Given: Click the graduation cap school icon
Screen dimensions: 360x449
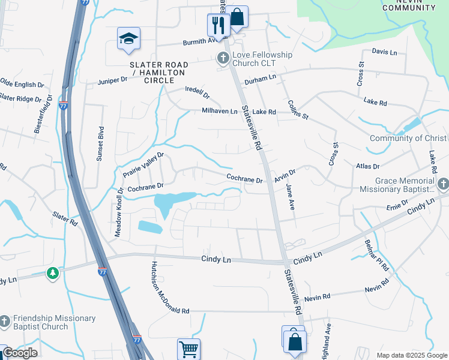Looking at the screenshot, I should click(128, 39).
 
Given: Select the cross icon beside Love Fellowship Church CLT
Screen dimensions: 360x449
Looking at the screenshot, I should click(223, 58).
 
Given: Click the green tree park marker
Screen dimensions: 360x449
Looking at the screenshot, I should click(53, 273).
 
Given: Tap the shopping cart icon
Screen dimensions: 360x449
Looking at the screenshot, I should click(188, 349).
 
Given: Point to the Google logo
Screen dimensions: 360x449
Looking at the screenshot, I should click(20, 353).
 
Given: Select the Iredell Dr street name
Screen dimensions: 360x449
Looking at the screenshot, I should click(197, 93).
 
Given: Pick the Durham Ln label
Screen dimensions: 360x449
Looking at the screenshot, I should click(260, 78).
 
